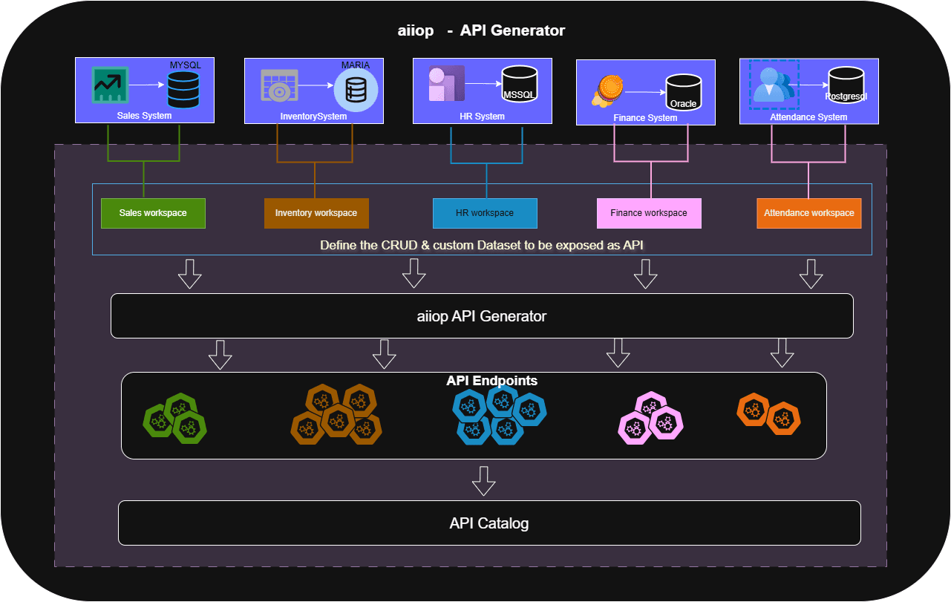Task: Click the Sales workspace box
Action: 153,213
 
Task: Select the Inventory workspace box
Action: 316,213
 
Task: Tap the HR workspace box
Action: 485,213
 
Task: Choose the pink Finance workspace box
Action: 649,213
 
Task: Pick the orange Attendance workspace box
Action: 808,213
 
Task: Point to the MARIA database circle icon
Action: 356,91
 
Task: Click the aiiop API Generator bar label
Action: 481,316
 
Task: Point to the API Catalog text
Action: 488,523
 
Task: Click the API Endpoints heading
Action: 491,381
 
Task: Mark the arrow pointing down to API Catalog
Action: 484,480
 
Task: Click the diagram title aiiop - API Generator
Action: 480,30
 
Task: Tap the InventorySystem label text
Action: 313,117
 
